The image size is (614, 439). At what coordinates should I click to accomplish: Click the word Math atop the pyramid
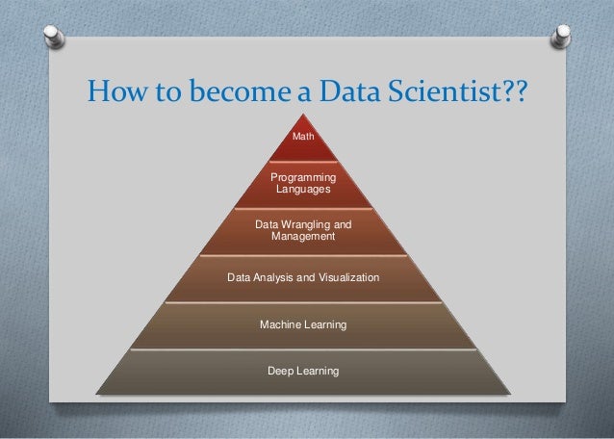(x=303, y=138)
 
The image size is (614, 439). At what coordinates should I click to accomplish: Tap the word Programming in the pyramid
(x=303, y=177)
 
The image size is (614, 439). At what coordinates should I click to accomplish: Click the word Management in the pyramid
(x=303, y=236)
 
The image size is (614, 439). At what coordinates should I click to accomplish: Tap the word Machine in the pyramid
(x=280, y=326)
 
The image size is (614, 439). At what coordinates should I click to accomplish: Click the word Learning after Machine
(x=324, y=326)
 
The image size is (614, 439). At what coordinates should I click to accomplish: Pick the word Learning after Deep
(x=318, y=371)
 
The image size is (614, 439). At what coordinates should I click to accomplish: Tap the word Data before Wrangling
(x=267, y=224)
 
